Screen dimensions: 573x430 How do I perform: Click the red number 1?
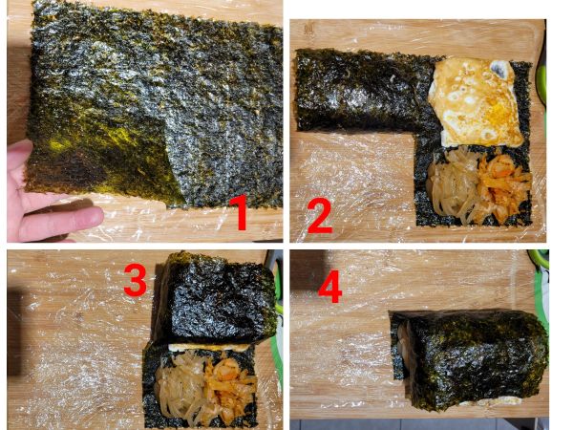click(x=240, y=212)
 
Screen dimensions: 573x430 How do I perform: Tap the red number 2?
click(x=320, y=216)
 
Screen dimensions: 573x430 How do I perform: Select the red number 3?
click(x=135, y=280)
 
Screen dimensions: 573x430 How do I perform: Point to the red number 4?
click(x=330, y=287)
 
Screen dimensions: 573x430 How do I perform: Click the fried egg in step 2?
click(x=476, y=103)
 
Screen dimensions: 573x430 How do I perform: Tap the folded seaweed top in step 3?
click(x=216, y=298)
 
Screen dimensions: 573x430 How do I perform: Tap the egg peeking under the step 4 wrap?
click(x=490, y=402)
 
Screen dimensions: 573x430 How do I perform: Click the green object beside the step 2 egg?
click(x=541, y=84)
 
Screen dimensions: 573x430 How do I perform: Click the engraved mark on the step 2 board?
click(x=309, y=30)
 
